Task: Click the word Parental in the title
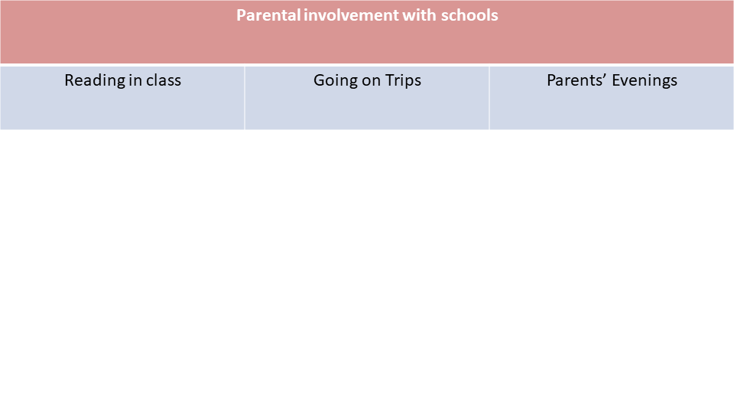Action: click(268, 15)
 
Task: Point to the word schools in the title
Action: click(469, 15)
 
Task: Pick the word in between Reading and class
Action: click(135, 80)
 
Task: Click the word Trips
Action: click(404, 80)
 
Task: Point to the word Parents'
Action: click(578, 80)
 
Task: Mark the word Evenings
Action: click(645, 80)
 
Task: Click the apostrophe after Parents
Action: click(606, 76)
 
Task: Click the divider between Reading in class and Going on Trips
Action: click(245, 98)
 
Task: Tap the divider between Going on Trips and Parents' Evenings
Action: click(489, 98)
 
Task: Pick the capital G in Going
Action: click(320, 80)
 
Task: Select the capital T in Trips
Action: click(391, 80)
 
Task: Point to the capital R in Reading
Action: click(70, 80)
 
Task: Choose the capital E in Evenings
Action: click(616, 80)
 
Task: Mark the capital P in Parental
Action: click(241, 15)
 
